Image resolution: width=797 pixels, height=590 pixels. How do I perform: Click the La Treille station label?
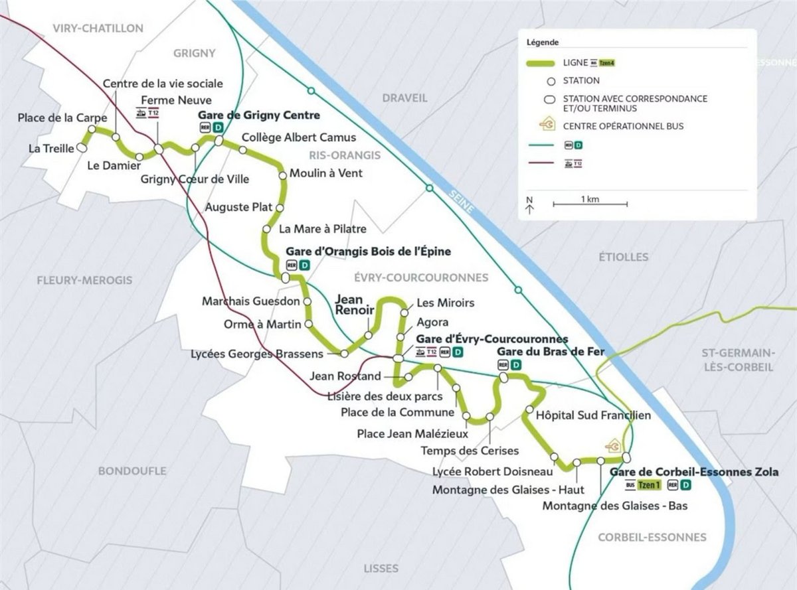pyautogui.click(x=50, y=148)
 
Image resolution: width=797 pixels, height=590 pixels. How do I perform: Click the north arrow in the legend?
pyautogui.click(x=529, y=205)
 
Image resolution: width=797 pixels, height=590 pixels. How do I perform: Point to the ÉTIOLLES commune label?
pyautogui.click(x=622, y=257)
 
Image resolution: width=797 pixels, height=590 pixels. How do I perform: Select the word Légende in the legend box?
pyautogui.click(x=542, y=42)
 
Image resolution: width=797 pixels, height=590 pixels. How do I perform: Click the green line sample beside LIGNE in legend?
pyautogui.click(x=542, y=63)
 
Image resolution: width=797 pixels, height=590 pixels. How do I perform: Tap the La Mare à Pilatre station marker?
pyautogui.click(x=266, y=230)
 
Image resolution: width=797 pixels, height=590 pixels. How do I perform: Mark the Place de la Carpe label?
pyautogui.click(x=63, y=118)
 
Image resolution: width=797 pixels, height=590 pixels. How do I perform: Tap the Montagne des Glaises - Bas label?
pyautogui.click(x=614, y=506)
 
